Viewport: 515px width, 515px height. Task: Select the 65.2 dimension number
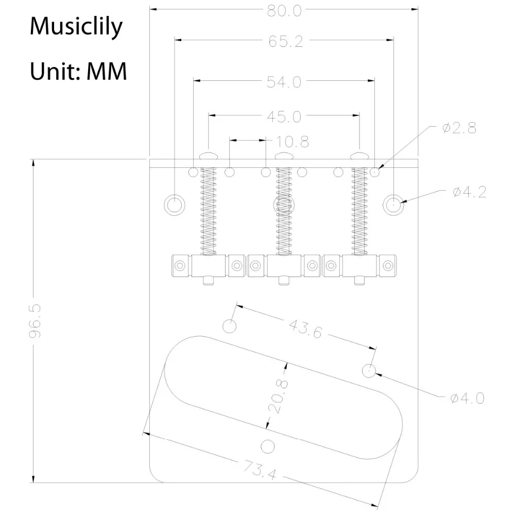[x=285, y=42]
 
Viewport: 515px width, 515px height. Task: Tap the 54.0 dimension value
[x=284, y=81]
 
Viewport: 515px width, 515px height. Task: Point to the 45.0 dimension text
[x=284, y=117]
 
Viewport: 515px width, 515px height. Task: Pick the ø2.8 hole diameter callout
[x=459, y=129]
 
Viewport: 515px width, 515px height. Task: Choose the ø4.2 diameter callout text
[x=469, y=193]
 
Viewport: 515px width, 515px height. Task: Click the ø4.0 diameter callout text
[x=467, y=398]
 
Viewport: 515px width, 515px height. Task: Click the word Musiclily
[x=76, y=26]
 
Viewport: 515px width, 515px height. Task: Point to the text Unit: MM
[x=78, y=71]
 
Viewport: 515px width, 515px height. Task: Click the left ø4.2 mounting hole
[x=174, y=204]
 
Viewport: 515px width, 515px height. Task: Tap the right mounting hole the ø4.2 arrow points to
[x=393, y=204]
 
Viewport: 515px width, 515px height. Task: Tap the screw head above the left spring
[x=208, y=154]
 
